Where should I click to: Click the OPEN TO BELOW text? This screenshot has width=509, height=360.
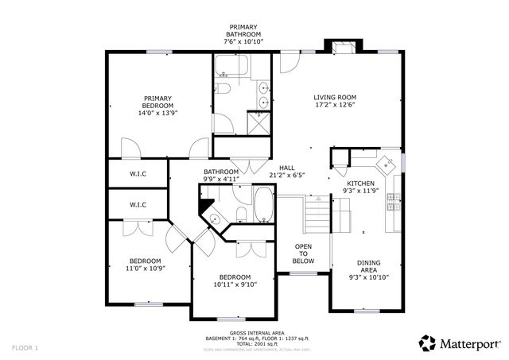pyautogui.click(x=303, y=254)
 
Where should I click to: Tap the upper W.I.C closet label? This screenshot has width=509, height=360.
pyautogui.click(x=138, y=172)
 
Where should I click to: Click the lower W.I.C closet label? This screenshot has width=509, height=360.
pyautogui.click(x=138, y=204)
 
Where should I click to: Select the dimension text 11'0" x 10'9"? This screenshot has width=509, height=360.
pyautogui.click(x=146, y=269)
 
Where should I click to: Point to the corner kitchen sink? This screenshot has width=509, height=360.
pyautogui.click(x=387, y=164)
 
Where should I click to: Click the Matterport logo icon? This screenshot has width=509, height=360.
pyautogui.click(x=427, y=343)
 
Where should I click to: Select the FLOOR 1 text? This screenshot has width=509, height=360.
pyautogui.click(x=25, y=347)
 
